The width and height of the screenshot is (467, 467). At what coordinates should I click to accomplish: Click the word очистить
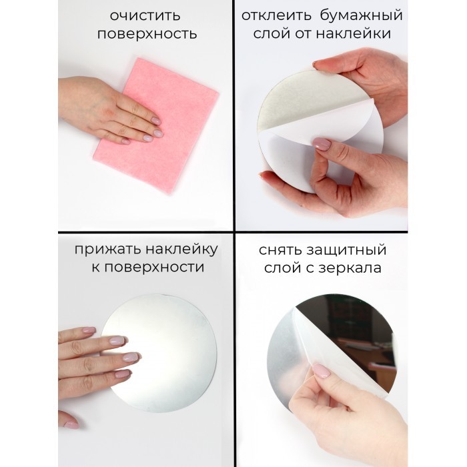click(x=145, y=16)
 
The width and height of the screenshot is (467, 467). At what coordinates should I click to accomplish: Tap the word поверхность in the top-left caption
click(x=147, y=34)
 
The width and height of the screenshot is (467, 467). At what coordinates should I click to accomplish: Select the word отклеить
click(x=276, y=15)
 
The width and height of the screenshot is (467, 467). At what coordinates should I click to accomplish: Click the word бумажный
click(x=362, y=15)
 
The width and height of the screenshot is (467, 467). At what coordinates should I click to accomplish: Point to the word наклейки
click(x=354, y=33)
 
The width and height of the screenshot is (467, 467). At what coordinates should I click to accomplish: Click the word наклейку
click(x=182, y=250)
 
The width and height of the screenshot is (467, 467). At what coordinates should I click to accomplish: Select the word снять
click(x=281, y=250)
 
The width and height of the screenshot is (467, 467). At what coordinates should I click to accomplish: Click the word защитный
click(x=347, y=250)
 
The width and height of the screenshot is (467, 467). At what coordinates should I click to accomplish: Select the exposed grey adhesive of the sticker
click(x=310, y=101)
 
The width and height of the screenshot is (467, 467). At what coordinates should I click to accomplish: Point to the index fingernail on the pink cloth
click(x=155, y=121)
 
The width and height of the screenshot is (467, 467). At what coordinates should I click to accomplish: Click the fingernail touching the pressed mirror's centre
click(x=131, y=356)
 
